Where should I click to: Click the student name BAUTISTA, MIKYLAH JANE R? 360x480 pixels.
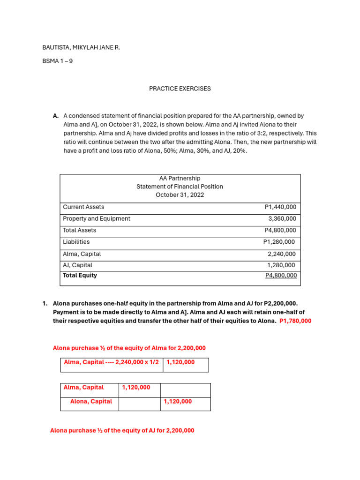[x=81, y=47]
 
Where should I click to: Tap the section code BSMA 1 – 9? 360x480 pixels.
[x=57, y=61]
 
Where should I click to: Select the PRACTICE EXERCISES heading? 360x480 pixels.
[x=180, y=89]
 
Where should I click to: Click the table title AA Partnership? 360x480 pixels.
[x=180, y=178]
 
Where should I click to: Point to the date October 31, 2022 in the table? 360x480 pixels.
[x=180, y=195]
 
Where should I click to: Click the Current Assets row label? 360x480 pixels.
[x=83, y=207]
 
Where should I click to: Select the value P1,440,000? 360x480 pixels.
[x=280, y=207]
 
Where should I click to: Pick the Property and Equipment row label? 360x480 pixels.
[x=97, y=219]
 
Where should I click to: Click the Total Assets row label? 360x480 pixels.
[x=80, y=231]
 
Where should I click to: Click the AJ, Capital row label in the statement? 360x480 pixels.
[x=77, y=265]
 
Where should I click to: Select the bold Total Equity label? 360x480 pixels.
[x=80, y=276]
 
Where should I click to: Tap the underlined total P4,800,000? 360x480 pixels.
[x=281, y=276]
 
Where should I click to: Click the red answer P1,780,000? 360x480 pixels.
[x=295, y=321]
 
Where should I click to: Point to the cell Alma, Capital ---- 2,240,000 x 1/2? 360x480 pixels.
[x=111, y=362]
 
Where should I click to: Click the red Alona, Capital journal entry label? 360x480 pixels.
[x=91, y=402]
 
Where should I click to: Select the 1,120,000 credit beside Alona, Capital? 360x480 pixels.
[x=178, y=402]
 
